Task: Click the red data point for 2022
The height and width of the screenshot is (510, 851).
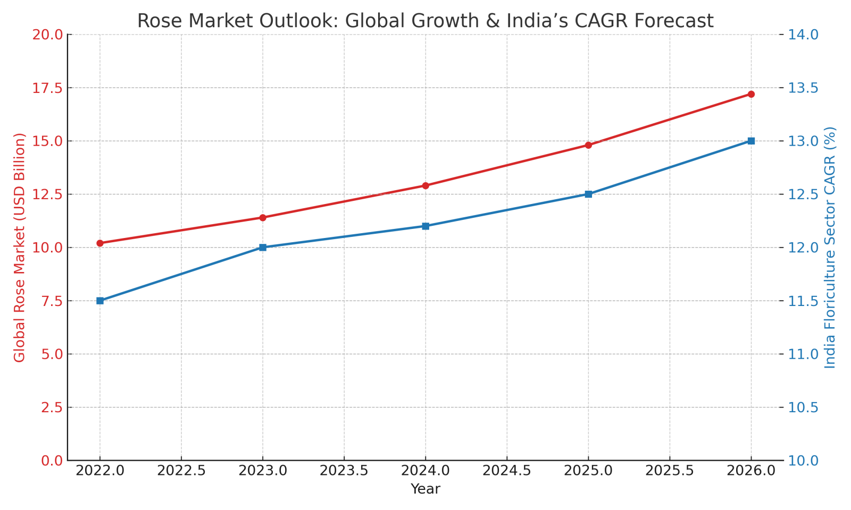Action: coord(100,243)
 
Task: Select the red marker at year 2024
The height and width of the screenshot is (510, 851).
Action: coord(425,185)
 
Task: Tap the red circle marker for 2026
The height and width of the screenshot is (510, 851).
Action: coord(751,94)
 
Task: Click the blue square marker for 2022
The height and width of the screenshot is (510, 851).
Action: coord(100,301)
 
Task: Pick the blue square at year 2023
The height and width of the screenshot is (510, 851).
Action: coord(263,248)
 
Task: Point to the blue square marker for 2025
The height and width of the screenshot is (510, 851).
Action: coord(588,194)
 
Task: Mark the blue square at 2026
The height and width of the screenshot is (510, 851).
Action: coord(751,141)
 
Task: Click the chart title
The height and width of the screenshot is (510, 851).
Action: coord(425,21)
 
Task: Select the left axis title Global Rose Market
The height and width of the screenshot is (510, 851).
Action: coord(20,248)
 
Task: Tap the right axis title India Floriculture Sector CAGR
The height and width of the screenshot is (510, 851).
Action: coord(830,248)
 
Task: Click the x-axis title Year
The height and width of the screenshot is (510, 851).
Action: coord(425,489)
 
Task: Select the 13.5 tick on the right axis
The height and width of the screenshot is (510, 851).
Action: coord(804,88)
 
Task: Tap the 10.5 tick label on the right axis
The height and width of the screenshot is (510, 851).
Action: coord(804,407)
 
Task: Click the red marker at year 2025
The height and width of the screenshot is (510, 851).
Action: coord(588,145)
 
